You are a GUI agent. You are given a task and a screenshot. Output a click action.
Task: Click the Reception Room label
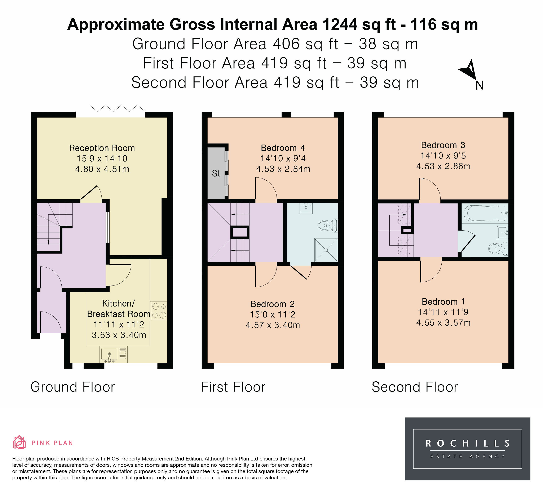click(x=102, y=148)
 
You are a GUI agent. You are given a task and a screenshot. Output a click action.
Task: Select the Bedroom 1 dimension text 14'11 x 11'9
click(x=443, y=312)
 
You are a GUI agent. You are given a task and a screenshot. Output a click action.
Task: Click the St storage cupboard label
click(x=216, y=173)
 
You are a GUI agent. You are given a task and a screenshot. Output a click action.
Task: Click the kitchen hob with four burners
click(x=159, y=311)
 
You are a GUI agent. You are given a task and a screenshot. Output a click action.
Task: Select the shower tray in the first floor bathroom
click(x=326, y=250)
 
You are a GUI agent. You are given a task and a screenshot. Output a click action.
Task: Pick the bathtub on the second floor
click(x=485, y=213)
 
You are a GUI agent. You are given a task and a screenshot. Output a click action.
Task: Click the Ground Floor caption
click(x=73, y=387)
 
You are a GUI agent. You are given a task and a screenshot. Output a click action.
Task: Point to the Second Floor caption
click(x=415, y=387)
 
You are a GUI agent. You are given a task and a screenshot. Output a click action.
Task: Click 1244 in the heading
click(x=340, y=25)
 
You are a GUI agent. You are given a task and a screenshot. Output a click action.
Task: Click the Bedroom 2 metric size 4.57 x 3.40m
click(x=273, y=325)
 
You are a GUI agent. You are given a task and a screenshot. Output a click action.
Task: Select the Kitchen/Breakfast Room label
click(x=119, y=309)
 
